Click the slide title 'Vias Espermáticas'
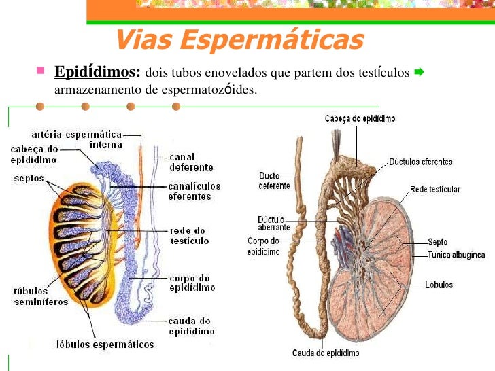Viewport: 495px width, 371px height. pos(239,40)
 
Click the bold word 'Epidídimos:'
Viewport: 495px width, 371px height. pos(97,72)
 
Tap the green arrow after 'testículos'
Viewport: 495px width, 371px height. pos(419,71)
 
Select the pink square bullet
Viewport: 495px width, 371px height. pos(41,70)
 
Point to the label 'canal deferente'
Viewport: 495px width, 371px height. pos(191,162)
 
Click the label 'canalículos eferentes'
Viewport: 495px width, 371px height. pos(194,191)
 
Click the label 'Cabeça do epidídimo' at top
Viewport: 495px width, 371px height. pos(360,118)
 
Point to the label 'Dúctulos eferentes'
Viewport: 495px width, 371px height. pos(420,162)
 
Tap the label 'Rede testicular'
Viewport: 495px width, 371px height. pos(435,188)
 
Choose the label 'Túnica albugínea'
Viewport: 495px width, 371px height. pos(456,255)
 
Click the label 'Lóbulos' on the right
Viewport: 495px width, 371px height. pos(439,285)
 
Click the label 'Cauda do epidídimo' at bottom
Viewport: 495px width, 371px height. pos(326,353)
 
